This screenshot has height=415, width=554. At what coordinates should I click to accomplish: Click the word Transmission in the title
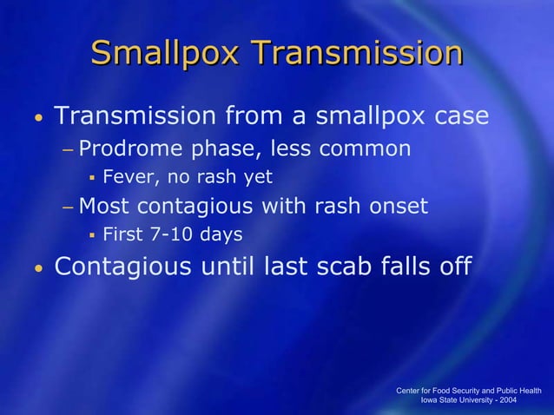[x=359, y=54]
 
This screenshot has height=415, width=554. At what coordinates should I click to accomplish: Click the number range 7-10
[x=175, y=235]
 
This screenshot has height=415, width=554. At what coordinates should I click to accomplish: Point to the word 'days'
[x=221, y=235]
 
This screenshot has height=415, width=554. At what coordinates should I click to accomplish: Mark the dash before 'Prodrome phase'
[x=68, y=150]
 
